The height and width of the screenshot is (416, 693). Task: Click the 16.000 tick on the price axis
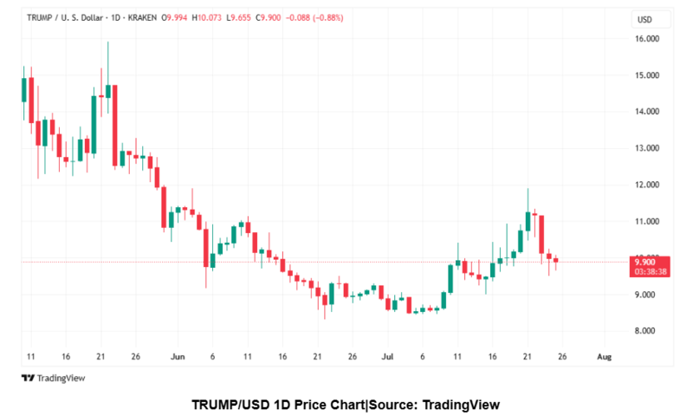point(648,39)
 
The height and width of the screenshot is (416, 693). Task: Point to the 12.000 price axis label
point(648,185)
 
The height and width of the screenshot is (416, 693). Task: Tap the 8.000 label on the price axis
point(648,331)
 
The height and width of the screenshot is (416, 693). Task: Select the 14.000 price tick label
point(648,112)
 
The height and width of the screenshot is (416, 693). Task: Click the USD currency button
point(644,19)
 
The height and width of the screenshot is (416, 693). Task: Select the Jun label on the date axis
point(178,356)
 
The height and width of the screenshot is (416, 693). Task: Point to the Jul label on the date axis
point(387,356)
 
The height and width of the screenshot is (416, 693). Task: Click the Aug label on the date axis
point(605,356)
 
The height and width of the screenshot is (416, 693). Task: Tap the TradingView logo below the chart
point(53,378)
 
